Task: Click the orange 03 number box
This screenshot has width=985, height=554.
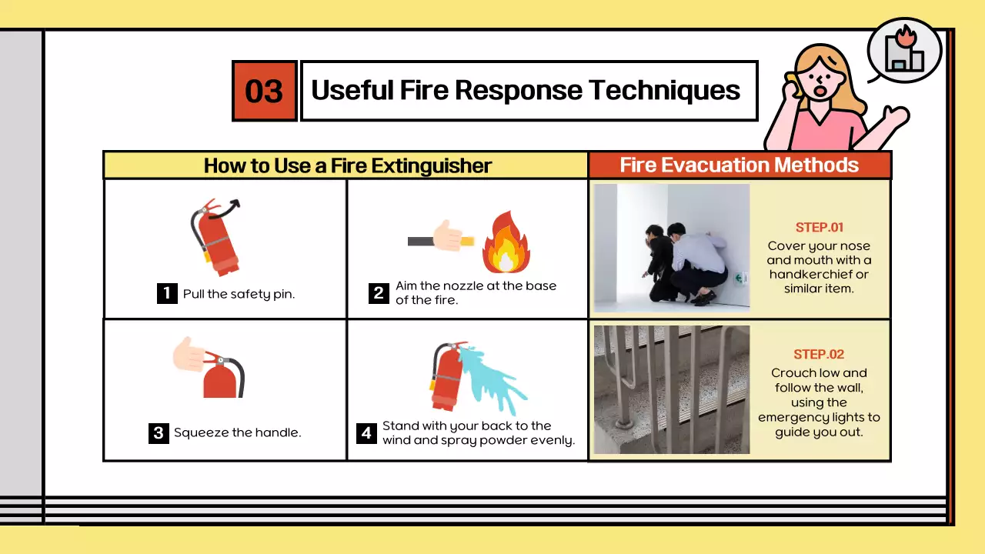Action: [264, 91]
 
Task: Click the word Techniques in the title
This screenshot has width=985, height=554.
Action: [664, 91]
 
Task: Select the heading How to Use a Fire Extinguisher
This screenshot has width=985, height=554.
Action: [347, 165]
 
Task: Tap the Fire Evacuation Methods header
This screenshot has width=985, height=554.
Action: [740, 165]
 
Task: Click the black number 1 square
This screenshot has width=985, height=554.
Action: [167, 293]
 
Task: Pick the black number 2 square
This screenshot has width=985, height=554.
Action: [379, 293]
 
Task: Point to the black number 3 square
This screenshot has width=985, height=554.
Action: [159, 433]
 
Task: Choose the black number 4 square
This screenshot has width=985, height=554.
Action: [366, 433]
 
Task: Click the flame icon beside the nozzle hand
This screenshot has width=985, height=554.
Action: [506, 242]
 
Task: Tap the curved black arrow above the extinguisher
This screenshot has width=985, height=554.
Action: [226, 211]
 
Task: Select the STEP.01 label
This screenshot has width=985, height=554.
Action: [820, 227]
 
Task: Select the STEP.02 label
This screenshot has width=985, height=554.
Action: [819, 355]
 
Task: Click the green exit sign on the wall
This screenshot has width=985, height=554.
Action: [740, 278]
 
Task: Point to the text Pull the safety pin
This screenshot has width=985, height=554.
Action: [239, 294]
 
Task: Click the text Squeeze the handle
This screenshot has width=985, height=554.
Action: [238, 432]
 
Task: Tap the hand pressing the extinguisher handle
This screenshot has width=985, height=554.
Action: [189, 355]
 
